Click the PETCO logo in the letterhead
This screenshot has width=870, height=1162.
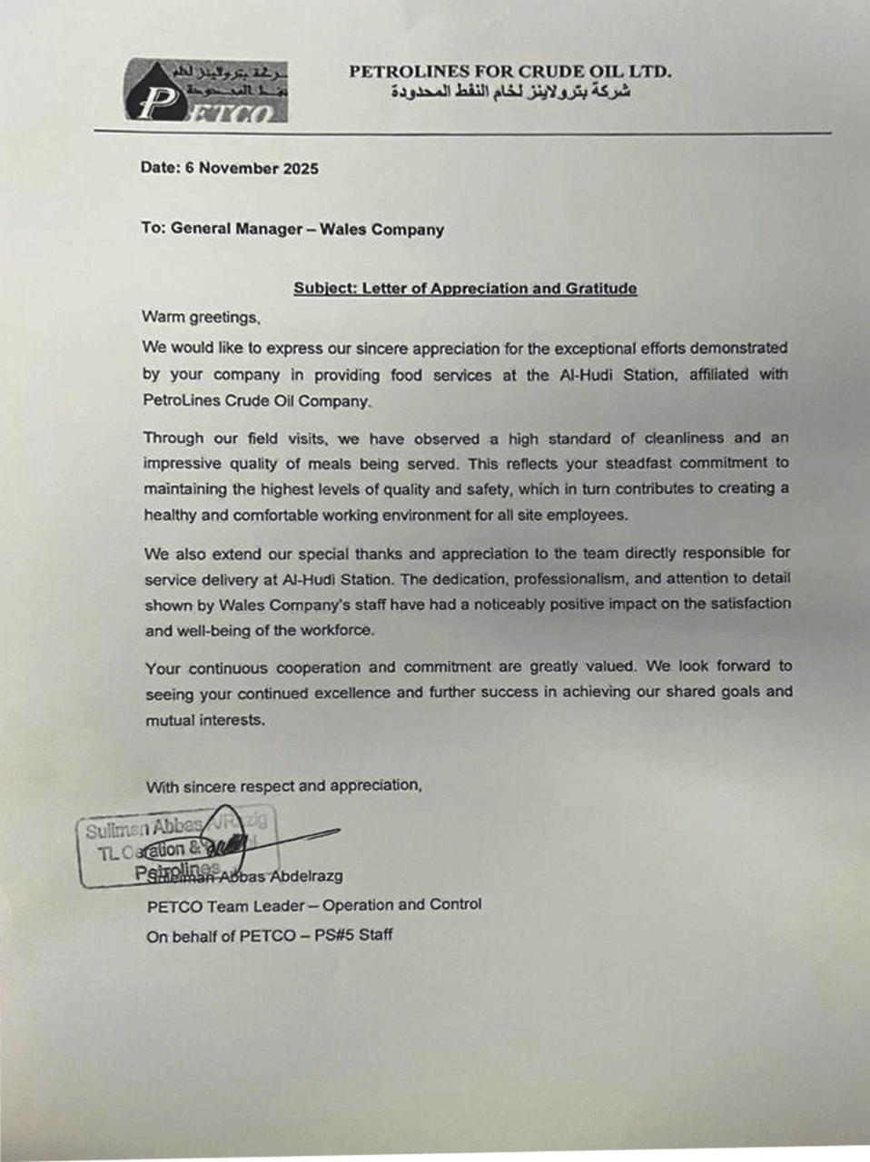click(x=208, y=91)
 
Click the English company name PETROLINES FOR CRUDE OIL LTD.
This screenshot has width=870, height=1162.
click(x=509, y=72)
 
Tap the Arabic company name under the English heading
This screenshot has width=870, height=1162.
click(x=511, y=93)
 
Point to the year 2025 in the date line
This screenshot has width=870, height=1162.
click(x=301, y=168)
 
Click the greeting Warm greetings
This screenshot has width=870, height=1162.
click(x=202, y=317)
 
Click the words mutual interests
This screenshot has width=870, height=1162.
click(x=206, y=720)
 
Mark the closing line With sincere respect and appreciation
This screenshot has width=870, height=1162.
click(x=283, y=786)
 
